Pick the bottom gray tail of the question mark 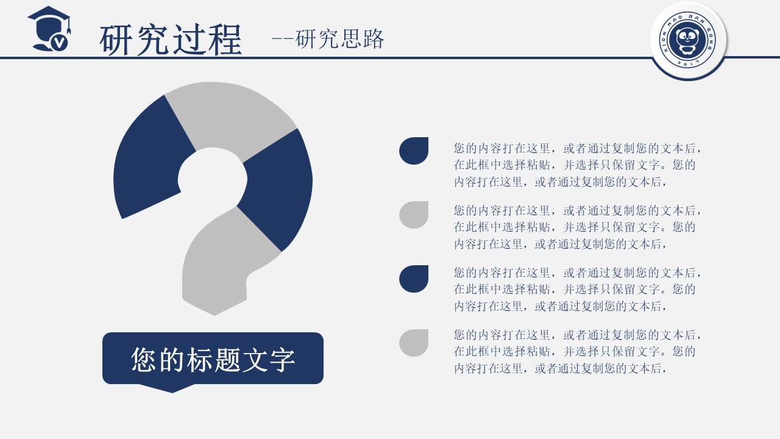(x=223, y=262)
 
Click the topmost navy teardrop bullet (x=414, y=151)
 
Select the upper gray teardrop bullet (x=414, y=215)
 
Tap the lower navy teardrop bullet (x=414, y=279)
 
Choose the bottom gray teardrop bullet (x=414, y=343)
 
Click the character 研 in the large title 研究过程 (x=117, y=40)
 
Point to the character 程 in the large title (x=224, y=40)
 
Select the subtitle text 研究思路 (x=339, y=38)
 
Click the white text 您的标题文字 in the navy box (x=213, y=360)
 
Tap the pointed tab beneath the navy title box (x=172, y=388)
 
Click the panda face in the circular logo (x=688, y=38)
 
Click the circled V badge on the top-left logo (x=60, y=43)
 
